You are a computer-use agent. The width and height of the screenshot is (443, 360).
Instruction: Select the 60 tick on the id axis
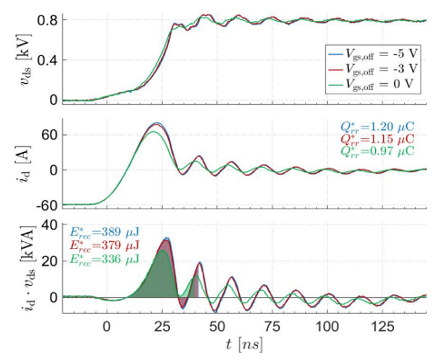(51, 135)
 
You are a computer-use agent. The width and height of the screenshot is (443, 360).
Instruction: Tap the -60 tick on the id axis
(49, 205)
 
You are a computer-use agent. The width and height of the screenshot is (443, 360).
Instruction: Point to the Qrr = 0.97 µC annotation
(378, 150)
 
